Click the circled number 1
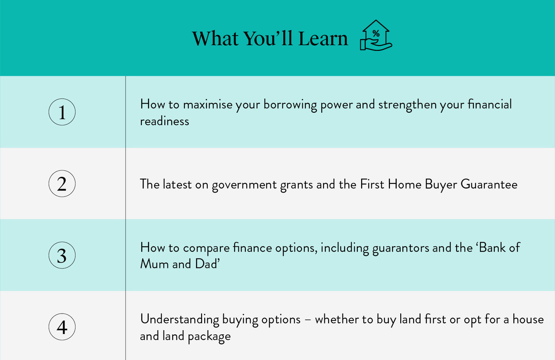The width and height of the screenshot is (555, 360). pos(62,112)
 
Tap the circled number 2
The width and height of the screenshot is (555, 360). pos(62,184)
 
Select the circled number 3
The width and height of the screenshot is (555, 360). pos(62,255)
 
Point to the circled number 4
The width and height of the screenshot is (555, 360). pos(62,327)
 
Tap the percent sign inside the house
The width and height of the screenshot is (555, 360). pos(376,33)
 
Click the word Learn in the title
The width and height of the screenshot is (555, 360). pos(323,39)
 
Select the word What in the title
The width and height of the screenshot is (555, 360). pos(215,39)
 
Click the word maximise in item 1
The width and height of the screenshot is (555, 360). pos(208,105)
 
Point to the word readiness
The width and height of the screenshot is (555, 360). pos(164,121)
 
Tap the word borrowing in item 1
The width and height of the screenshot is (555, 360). pos(290,105)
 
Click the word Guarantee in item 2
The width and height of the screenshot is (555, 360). pos(489,184)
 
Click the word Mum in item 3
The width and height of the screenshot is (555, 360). pos(155,264)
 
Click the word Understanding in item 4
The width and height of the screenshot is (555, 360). pos(180,320)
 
